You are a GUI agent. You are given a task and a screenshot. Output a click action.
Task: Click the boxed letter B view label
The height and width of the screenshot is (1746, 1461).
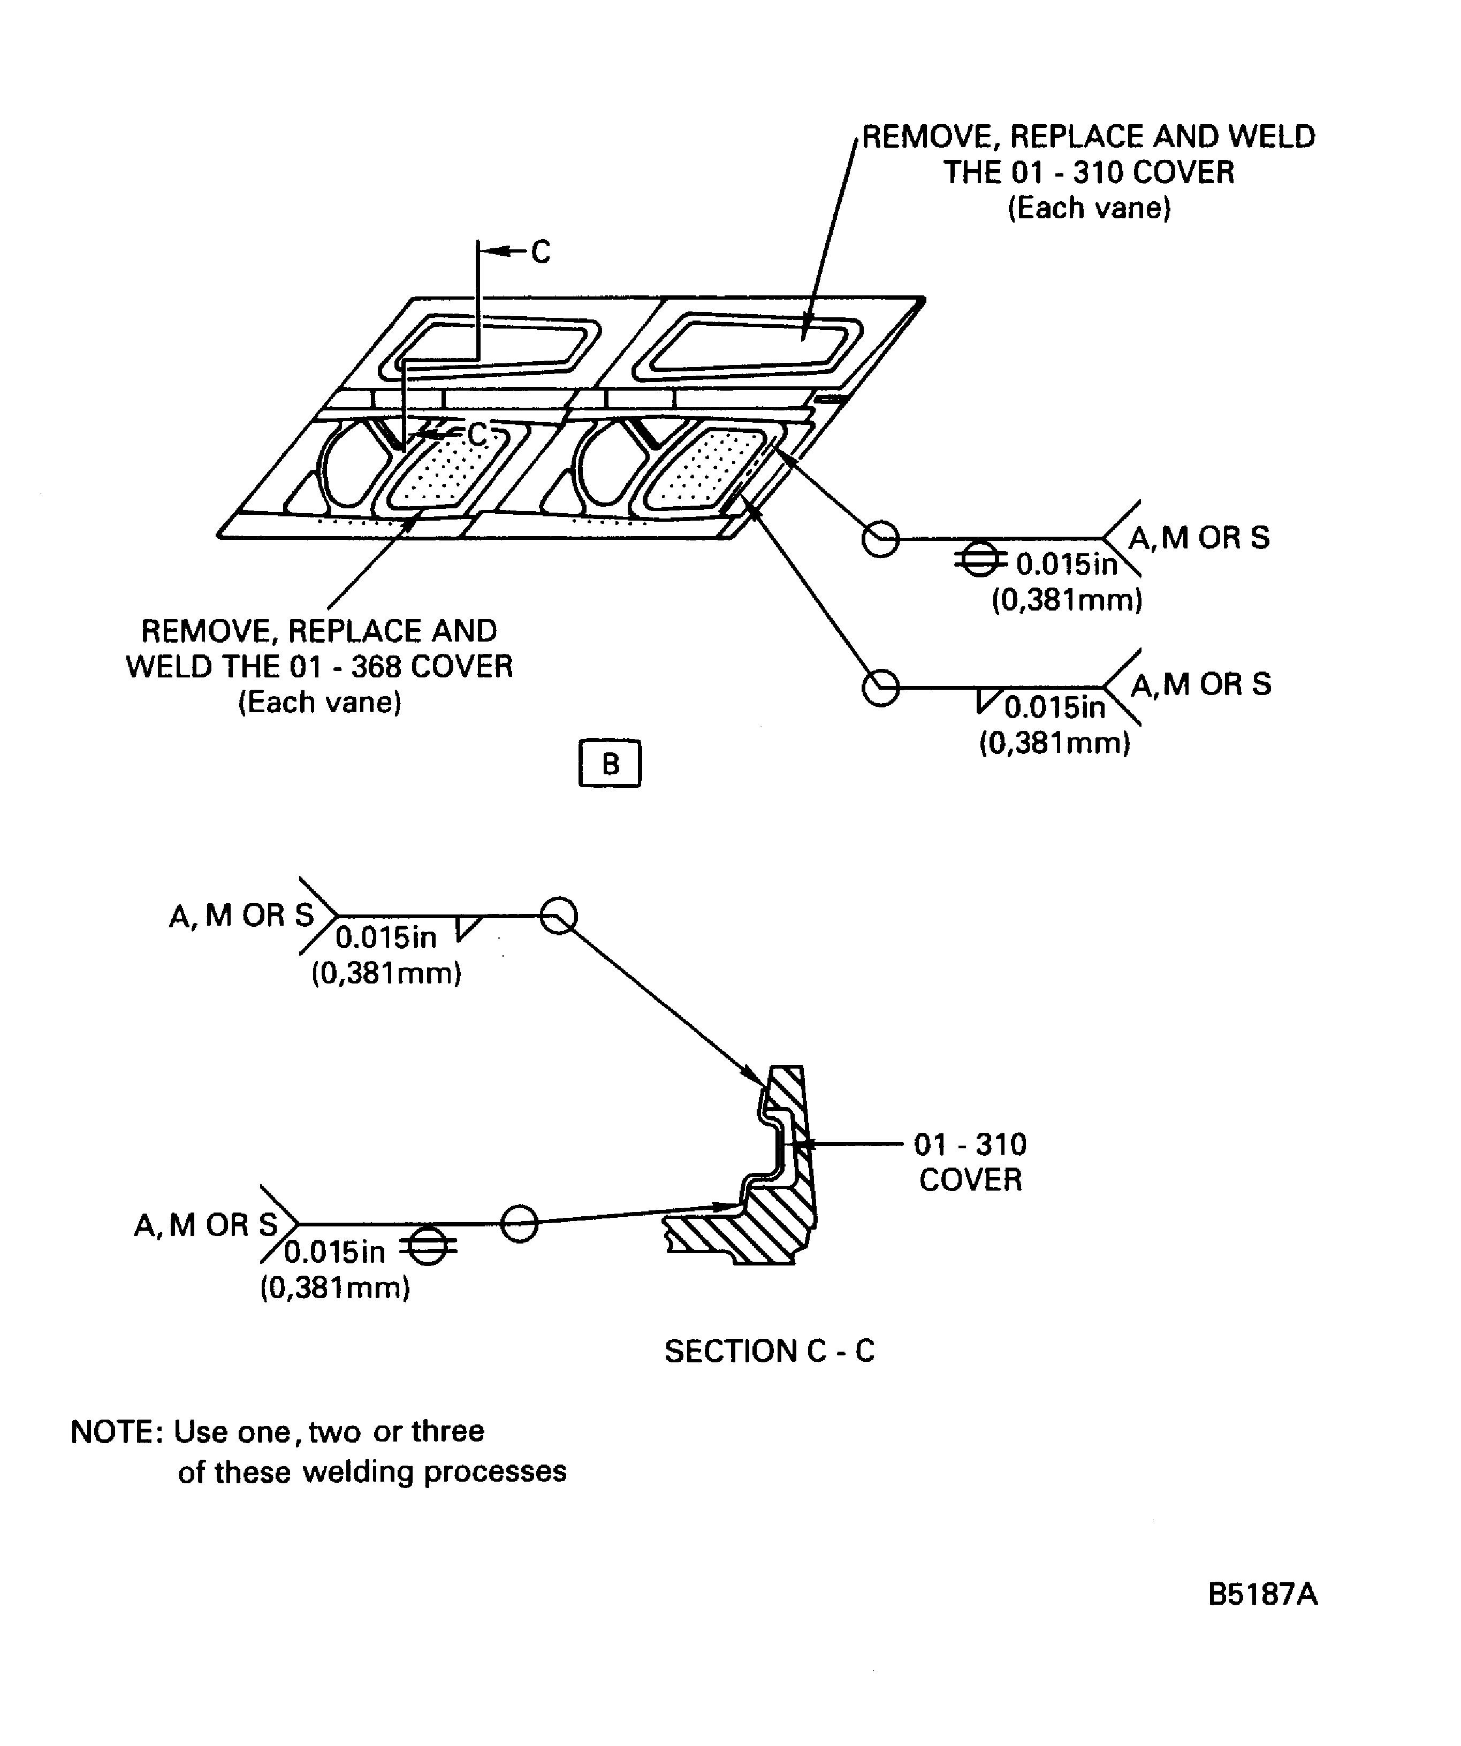[610, 763]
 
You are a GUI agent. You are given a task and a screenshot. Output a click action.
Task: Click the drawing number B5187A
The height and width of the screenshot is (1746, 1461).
[1262, 1595]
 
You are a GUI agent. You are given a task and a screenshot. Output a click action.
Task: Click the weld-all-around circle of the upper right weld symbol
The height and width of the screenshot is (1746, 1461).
[880, 539]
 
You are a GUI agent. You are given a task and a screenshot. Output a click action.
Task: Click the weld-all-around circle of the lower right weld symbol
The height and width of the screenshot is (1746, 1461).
[880, 688]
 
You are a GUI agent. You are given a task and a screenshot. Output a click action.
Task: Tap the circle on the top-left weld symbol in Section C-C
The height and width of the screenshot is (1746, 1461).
[558, 916]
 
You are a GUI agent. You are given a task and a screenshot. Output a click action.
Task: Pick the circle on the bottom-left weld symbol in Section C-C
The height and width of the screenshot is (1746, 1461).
[520, 1224]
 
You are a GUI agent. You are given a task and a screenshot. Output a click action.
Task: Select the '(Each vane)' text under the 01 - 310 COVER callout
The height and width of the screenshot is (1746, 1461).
[1089, 208]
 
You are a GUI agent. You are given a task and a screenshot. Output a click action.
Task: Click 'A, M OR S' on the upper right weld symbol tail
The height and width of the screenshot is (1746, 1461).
[1199, 538]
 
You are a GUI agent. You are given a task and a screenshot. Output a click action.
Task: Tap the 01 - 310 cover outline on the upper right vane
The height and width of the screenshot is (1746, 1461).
[752, 342]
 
